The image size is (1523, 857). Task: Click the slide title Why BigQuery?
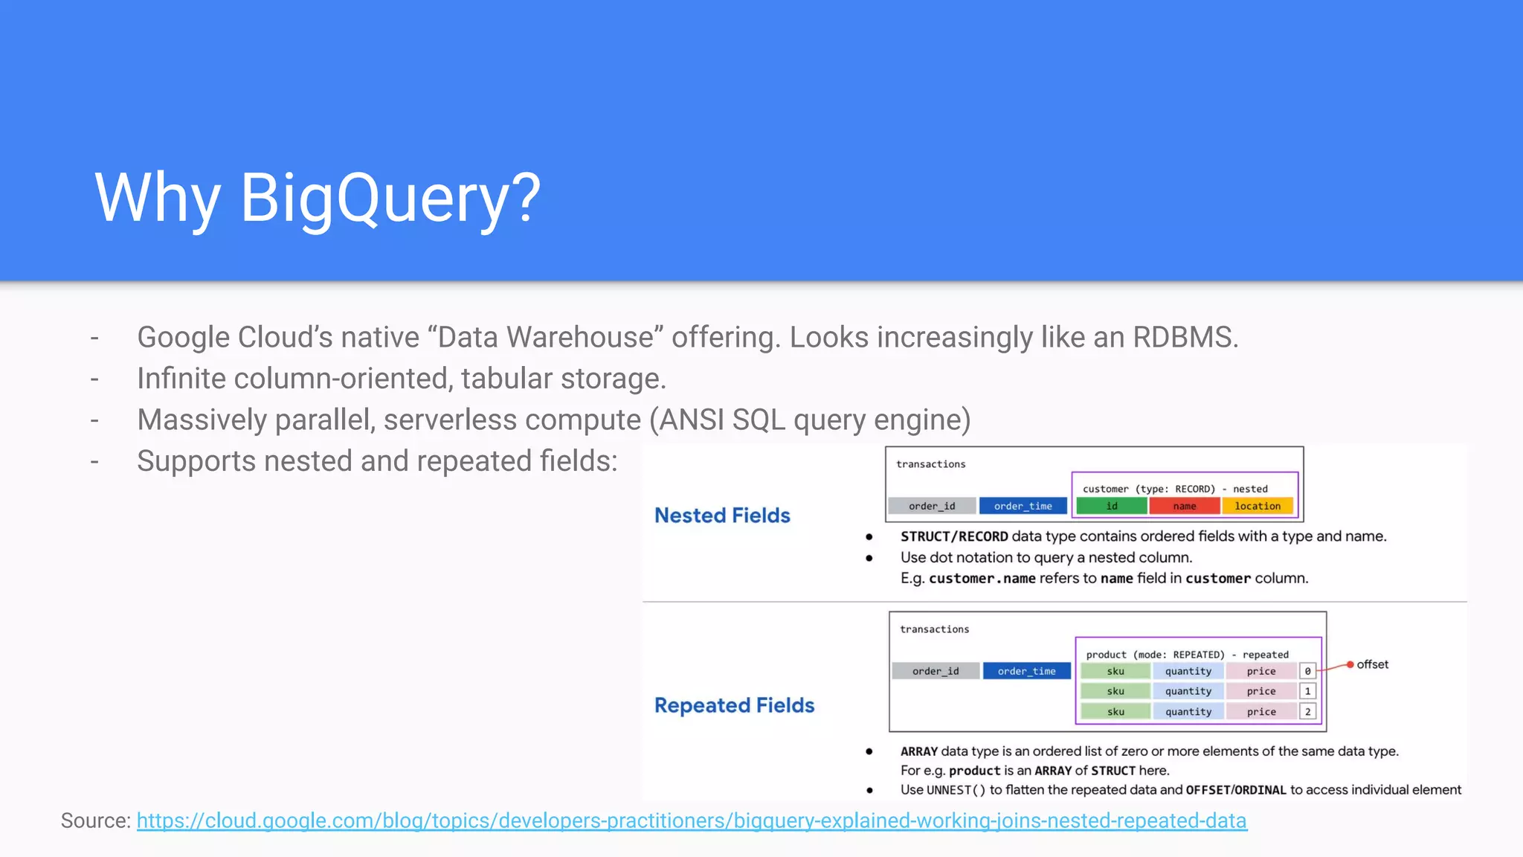[x=318, y=197]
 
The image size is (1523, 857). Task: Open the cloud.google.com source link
[x=692, y=821]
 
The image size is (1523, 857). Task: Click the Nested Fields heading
[x=722, y=516]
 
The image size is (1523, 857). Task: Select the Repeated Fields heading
[x=734, y=705]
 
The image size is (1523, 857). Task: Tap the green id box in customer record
[x=1112, y=506]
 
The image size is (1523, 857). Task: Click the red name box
[x=1185, y=506]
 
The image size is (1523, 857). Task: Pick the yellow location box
[x=1258, y=506]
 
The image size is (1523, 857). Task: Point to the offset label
[x=1372, y=664]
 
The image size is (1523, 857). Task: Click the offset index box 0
[x=1308, y=671]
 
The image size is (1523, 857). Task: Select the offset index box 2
[x=1308, y=712]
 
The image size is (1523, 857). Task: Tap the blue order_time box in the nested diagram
[x=1023, y=506]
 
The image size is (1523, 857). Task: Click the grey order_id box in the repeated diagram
[x=936, y=671]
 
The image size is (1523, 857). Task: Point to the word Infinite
[x=181, y=379]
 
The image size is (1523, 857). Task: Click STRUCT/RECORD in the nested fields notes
[x=954, y=536]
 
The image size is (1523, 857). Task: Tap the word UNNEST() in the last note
[x=956, y=790]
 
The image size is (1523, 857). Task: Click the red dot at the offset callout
[x=1350, y=664]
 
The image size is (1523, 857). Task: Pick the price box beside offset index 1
[x=1261, y=691]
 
